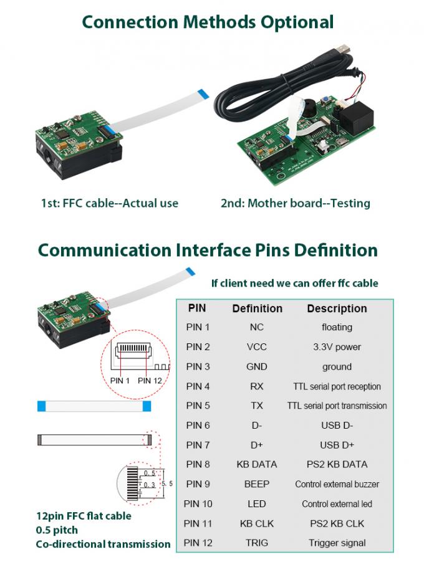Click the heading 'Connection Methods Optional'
[208, 22]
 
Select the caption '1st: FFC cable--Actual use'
[109, 203]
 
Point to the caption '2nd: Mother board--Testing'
[295, 203]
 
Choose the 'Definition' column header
[257, 308]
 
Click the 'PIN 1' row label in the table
[198, 327]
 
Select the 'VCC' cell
[257, 347]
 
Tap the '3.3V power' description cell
[337, 347]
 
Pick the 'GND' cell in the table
[257, 367]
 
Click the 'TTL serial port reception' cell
[337, 386]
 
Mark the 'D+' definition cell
[257, 445]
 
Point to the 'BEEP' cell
[257, 484]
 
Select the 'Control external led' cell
[337, 503]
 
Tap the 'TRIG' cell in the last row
[257, 543]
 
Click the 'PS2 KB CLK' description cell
[337, 523]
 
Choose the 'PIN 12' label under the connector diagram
[150, 381]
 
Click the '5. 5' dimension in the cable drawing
[166, 483]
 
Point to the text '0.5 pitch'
[57, 530]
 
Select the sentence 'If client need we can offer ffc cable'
[294, 283]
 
